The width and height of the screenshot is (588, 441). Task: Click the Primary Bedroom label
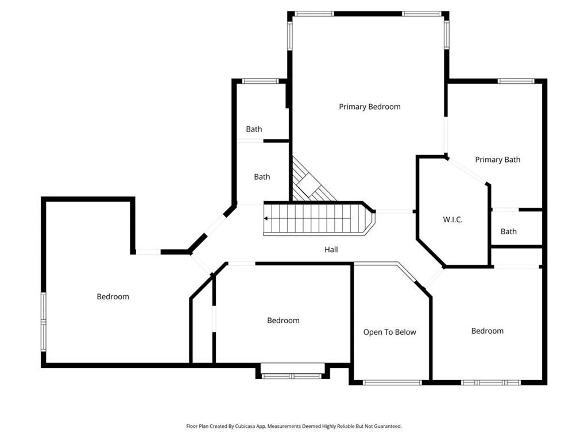[369, 107]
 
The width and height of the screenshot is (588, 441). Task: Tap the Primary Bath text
[497, 160]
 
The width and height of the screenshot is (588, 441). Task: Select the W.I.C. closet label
[452, 220]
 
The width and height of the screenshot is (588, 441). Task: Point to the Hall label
[331, 250]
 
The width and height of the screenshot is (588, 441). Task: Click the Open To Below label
[389, 332]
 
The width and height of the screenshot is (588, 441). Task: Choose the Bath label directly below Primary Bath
[508, 231]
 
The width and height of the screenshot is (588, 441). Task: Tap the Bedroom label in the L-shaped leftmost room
[113, 297]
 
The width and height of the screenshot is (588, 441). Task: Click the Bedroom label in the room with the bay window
[283, 320]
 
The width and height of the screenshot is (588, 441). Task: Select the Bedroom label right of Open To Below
[487, 331]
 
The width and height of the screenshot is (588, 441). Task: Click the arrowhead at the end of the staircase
[266, 218]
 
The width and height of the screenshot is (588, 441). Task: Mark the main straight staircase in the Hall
[313, 219]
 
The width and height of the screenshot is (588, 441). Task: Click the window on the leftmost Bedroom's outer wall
[43, 322]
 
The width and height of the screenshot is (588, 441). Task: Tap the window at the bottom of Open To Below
[393, 382]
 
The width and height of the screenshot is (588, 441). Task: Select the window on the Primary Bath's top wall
[516, 81]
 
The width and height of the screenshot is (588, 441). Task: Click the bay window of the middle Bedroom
[292, 376]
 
